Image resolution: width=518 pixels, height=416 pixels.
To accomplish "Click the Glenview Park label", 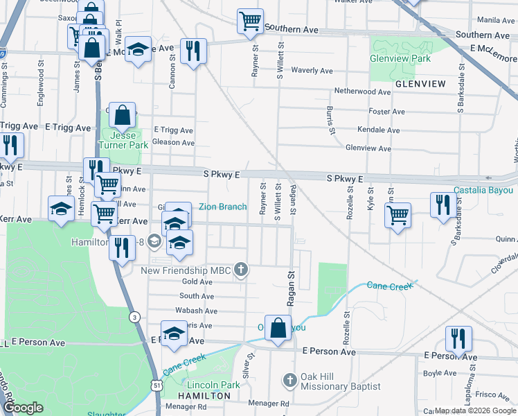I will pyautogui.click(x=400, y=59).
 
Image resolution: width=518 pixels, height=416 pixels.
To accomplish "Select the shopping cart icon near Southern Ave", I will pyautogui.click(x=249, y=21).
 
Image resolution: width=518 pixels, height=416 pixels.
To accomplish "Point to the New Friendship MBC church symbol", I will pyautogui.click(x=240, y=269).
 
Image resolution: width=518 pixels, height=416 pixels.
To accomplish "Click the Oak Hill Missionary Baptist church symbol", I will pyautogui.click(x=290, y=380).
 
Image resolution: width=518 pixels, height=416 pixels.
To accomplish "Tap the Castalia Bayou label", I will pyautogui.click(x=483, y=190).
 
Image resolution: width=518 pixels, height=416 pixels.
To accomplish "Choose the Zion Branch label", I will pyautogui.click(x=222, y=207).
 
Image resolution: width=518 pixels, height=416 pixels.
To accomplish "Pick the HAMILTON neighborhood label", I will pyautogui.click(x=204, y=395).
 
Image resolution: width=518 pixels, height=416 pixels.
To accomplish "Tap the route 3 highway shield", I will pyautogui.click(x=132, y=318).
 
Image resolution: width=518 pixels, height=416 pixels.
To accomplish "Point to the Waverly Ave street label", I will pyautogui.click(x=313, y=71).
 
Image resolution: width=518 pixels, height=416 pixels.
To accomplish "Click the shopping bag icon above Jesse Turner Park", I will pyautogui.click(x=122, y=116).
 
